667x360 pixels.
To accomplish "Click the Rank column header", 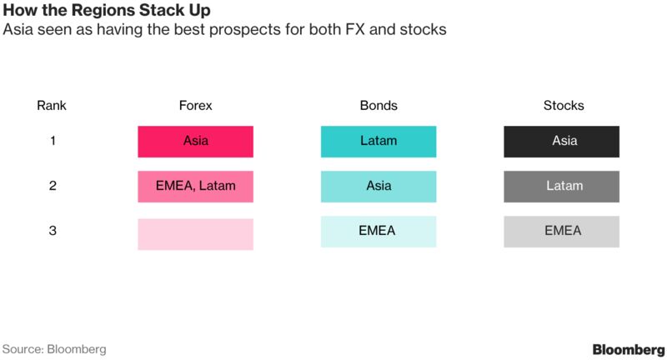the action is click(52, 105).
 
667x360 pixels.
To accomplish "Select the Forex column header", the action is click(195, 105).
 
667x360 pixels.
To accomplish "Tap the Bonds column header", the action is click(379, 105).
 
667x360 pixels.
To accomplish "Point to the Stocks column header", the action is click(564, 105).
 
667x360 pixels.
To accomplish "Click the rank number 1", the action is click(53, 141).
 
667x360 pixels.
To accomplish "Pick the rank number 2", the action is click(53, 186).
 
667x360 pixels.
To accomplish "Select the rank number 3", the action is click(53, 230).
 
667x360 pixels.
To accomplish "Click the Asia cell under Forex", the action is click(196, 142).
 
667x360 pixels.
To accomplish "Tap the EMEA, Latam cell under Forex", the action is click(196, 187).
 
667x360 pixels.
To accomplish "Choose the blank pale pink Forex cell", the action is click(196, 234).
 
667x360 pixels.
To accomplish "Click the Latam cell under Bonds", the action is click(379, 142).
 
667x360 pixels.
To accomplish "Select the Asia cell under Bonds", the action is click(379, 187).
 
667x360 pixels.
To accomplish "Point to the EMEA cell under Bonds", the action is click(379, 232).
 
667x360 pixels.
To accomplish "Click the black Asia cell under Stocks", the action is click(561, 142).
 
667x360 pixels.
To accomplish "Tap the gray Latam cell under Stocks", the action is click(561, 187).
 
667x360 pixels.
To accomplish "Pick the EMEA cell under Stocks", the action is click(561, 232).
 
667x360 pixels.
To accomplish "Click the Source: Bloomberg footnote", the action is click(54, 349).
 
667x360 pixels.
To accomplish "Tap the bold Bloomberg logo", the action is click(629, 350).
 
